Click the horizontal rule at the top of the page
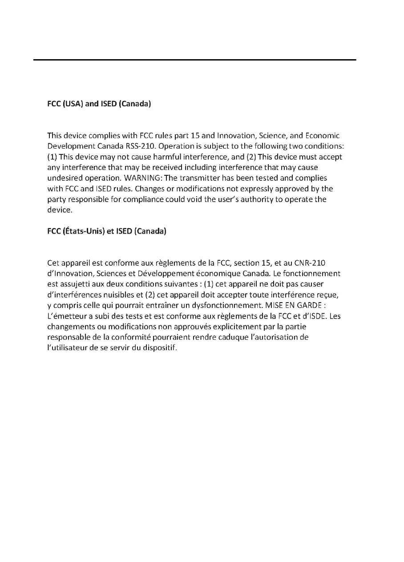coord(195,60)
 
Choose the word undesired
coord(64,178)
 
